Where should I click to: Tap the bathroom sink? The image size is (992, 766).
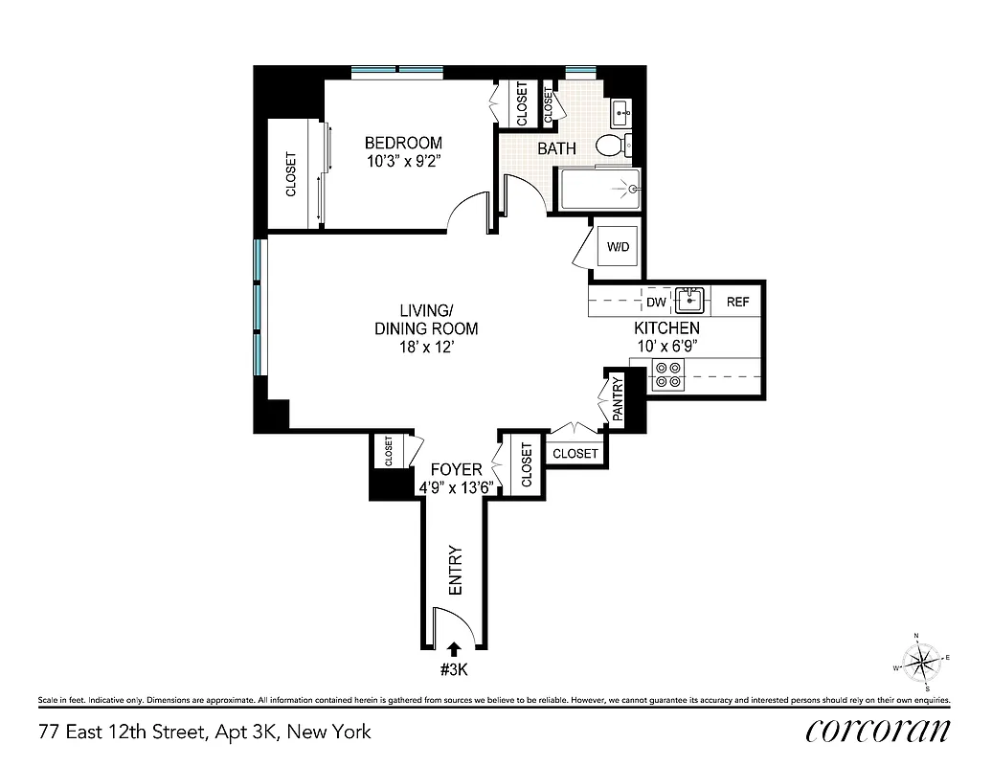620,113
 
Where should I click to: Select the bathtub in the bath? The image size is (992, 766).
599,190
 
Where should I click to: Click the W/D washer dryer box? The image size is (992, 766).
618,248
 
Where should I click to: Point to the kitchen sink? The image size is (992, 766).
689,301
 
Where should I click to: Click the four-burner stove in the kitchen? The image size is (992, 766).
666,374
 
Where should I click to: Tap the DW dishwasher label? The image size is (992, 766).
656,303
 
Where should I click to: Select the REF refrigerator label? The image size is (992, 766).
737,303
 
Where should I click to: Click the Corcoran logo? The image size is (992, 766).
878,731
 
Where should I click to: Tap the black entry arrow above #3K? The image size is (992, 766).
454,650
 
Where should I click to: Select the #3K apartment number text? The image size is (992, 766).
454,669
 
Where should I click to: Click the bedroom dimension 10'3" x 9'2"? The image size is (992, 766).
403,162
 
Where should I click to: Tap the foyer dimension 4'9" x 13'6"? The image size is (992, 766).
455,487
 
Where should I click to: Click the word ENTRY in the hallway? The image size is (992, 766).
455,571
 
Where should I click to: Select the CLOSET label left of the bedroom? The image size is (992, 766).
291,174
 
